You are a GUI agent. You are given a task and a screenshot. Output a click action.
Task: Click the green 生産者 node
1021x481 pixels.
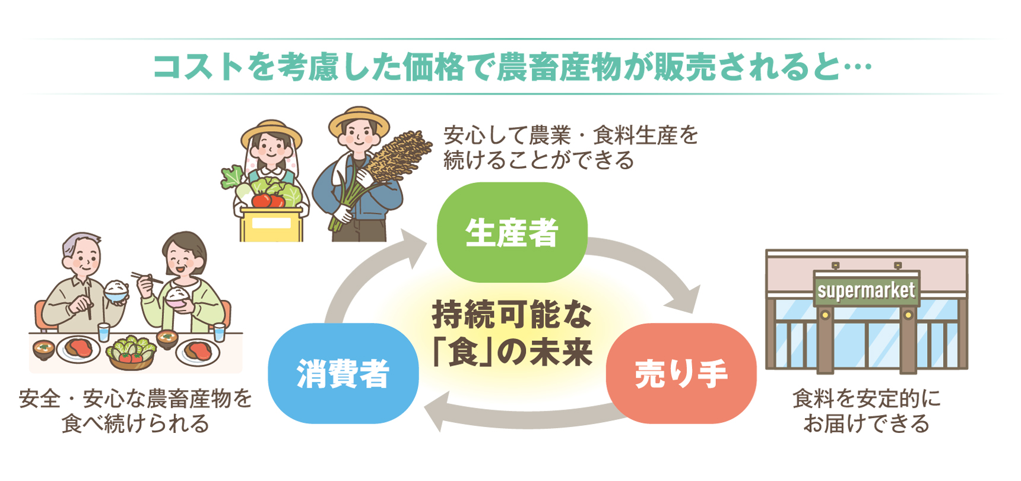tap(512, 232)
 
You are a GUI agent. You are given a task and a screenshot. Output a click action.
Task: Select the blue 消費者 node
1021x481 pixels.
tap(343, 374)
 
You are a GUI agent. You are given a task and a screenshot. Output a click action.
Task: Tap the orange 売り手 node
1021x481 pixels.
tap(681, 374)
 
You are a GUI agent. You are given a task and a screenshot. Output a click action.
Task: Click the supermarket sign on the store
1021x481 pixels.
tap(866, 290)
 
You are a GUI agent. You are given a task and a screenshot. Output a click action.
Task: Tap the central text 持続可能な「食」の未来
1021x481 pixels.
tap(512, 333)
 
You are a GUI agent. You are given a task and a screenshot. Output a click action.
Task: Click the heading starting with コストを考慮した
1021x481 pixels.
tap(512, 67)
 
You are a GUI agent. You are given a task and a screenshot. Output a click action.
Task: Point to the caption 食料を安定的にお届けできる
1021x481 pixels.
tap(866, 411)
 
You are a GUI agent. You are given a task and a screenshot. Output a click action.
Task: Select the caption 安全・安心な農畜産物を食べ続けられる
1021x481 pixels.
tap(135, 411)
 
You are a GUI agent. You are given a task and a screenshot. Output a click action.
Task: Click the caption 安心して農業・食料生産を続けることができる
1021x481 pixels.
tap(570, 148)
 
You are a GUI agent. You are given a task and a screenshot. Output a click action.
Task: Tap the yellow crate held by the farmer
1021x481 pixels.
tap(271, 224)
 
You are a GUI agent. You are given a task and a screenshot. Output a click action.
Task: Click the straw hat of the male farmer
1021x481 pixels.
tap(359, 121)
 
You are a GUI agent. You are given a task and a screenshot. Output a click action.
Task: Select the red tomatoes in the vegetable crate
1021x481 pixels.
tap(268, 200)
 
